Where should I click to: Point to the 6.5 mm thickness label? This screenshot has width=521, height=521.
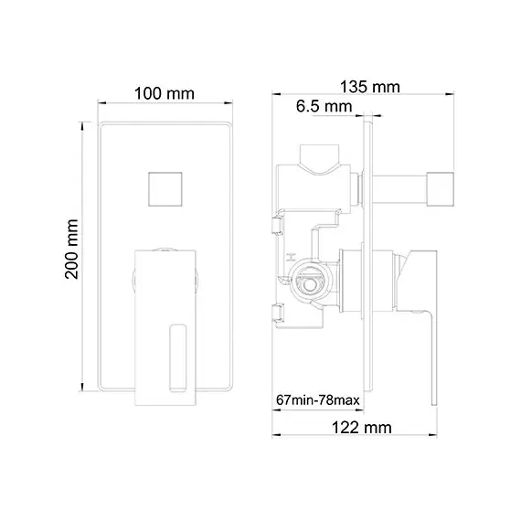tap(324, 108)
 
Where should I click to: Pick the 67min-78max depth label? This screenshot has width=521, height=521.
tap(315, 400)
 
